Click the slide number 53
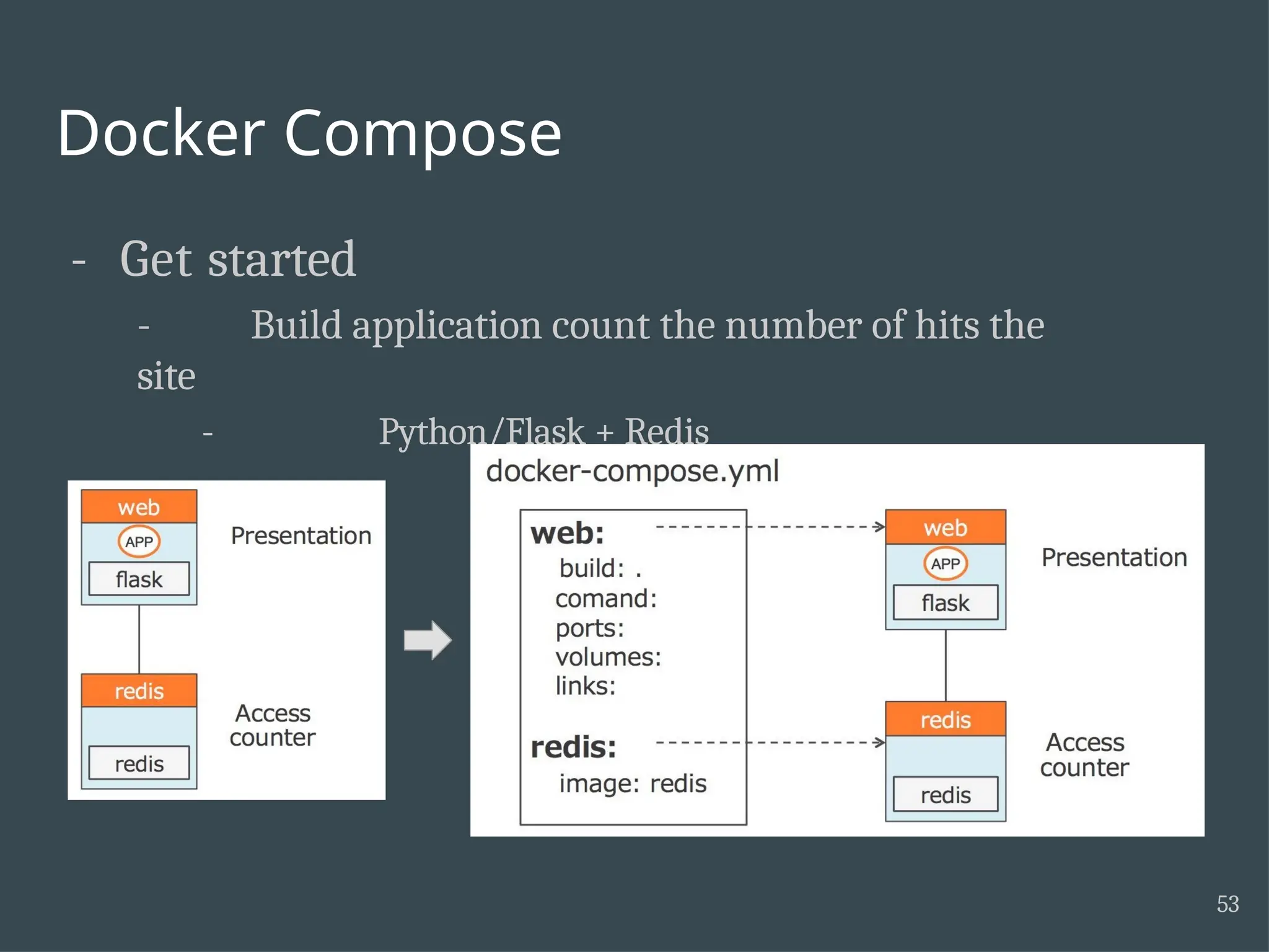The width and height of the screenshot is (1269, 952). click(1227, 904)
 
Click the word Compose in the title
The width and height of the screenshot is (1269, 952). click(423, 134)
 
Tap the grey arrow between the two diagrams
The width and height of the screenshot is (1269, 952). click(428, 640)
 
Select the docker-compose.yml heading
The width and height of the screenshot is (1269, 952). click(632, 471)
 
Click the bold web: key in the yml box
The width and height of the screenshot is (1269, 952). click(567, 533)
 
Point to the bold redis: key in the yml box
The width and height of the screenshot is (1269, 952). click(573, 747)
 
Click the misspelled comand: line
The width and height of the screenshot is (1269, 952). click(605, 599)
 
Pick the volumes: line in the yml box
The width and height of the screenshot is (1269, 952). click(608, 657)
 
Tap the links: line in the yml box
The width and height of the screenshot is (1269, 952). click(585, 686)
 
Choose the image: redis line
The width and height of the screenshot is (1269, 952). click(632, 783)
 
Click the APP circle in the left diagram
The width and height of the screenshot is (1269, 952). click(139, 542)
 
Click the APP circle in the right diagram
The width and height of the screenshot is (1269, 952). click(945, 563)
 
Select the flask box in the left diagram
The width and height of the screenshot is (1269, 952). click(139, 579)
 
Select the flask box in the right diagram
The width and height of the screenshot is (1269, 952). click(945, 602)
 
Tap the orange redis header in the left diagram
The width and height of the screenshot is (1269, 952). click(139, 690)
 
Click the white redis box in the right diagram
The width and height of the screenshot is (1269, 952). click(945, 795)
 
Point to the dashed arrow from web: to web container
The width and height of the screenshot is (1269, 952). click(768, 527)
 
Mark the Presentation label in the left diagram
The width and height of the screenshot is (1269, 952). click(301, 535)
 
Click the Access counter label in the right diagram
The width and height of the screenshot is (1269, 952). click(1084, 755)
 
